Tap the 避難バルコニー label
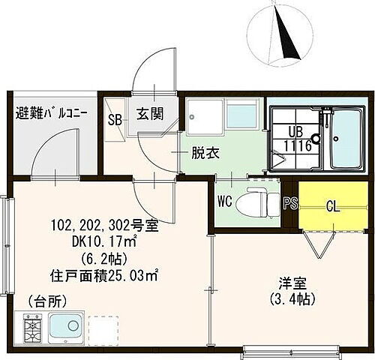click(52, 115)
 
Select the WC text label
click(223, 201)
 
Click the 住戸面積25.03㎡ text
click(103, 274)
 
